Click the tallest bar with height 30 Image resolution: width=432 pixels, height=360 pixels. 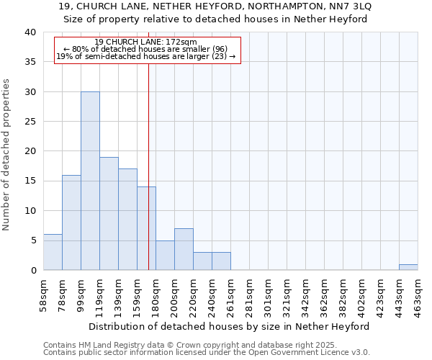(90, 181)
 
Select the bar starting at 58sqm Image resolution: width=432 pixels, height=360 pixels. (53, 252)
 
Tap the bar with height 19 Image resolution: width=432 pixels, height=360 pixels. (109, 213)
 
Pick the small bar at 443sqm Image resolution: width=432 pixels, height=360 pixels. (408, 267)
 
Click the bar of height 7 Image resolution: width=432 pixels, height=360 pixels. (184, 249)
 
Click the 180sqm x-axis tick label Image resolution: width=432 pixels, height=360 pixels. (156, 296)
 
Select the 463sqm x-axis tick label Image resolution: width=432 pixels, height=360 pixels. (418, 296)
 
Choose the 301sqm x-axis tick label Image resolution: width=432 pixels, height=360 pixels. (268, 296)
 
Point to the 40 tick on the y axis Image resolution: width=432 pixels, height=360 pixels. (30, 32)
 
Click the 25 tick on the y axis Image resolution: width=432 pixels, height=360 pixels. (30, 122)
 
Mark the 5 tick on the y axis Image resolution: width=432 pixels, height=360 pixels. (33, 240)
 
